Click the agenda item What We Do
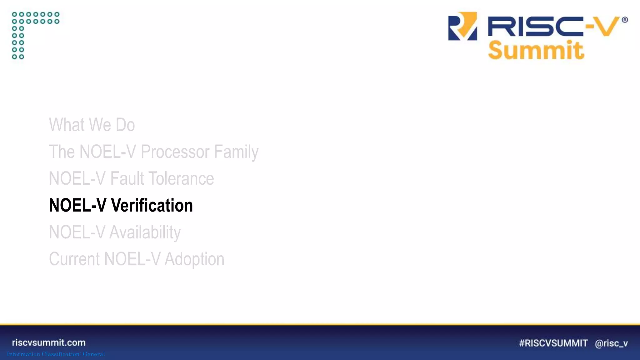coord(92,125)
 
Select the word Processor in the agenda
coord(175,152)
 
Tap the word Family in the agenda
coord(236,152)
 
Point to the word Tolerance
coord(181,178)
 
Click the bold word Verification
coord(152,205)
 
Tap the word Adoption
coord(194,259)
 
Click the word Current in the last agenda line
coord(74,259)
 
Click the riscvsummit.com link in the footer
coord(49,342)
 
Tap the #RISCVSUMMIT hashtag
coord(553,343)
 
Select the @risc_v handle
coord(611,343)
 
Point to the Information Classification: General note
coord(56,354)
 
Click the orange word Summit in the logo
coord(536,50)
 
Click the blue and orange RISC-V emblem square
coord(462,26)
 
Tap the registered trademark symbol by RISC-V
coord(625,20)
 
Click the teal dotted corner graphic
coord(35,35)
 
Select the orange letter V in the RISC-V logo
coord(606,27)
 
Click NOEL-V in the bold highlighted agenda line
coord(77,205)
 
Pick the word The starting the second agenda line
coord(62,152)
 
